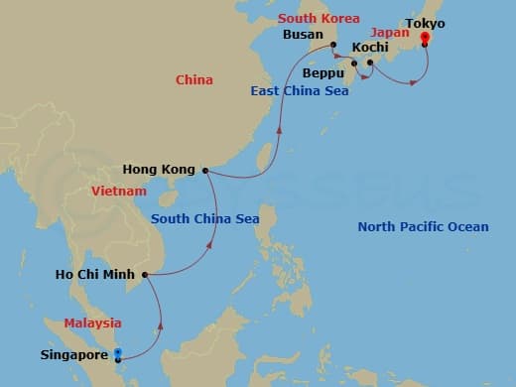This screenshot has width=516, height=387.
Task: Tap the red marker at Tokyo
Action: click(x=425, y=40)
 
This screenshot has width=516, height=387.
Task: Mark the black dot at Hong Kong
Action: click(x=205, y=171)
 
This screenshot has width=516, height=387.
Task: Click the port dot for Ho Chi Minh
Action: click(x=145, y=274)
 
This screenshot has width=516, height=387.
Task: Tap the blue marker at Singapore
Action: click(x=117, y=354)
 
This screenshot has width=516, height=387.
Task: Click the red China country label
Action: click(x=193, y=79)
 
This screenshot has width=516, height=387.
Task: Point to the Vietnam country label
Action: click(x=118, y=191)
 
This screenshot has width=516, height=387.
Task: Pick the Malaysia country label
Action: click(x=92, y=322)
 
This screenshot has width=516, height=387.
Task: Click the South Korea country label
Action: click(x=319, y=18)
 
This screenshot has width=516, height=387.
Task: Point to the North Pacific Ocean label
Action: click(x=423, y=227)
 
